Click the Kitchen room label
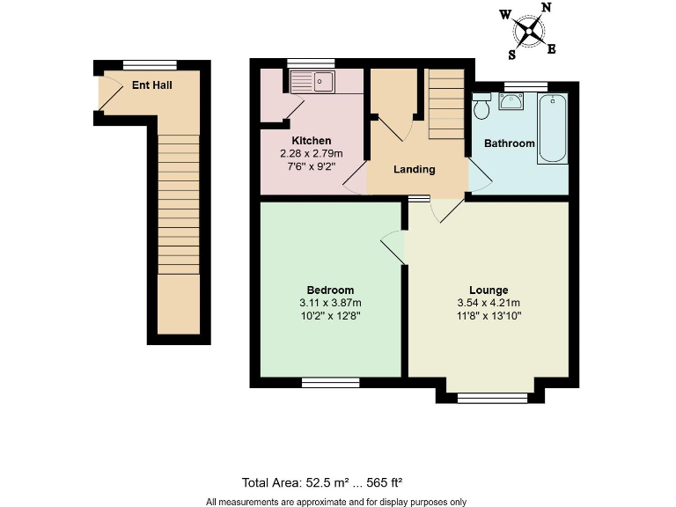(312, 141)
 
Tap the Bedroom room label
(330, 290)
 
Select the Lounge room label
(489, 290)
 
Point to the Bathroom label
(510, 143)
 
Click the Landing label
(415, 170)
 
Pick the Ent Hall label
(151, 85)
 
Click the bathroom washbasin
(511, 101)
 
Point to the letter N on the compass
(546, 8)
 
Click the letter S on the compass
(511, 54)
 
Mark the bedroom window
(330, 382)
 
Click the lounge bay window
(493, 398)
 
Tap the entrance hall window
(150, 64)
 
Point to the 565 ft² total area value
(384, 482)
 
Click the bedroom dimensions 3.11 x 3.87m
(330, 303)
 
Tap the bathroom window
(525, 85)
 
